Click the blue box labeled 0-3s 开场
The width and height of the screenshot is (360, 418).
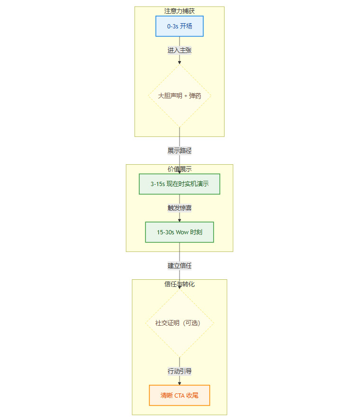pyautogui.click(x=180, y=27)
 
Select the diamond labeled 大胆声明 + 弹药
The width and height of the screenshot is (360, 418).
pyautogui.click(x=180, y=96)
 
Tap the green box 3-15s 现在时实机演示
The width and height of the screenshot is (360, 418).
pyautogui.click(x=180, y=184)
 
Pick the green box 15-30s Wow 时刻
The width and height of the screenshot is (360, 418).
pyautogui.click(x=180, y=232)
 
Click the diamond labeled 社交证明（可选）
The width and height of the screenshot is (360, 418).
pyautogui.click(x=180, y=323)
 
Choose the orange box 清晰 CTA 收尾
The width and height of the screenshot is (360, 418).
pyautogui.click(x=180, y=395)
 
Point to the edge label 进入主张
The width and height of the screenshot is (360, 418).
pyautogui.click(x=180, y=50)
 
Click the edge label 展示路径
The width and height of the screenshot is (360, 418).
pyautogui.click(x=180, y=151)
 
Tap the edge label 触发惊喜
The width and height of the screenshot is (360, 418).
pyautogui.click(x=180, y=208)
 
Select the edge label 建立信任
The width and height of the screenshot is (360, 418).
pyautogui.click(x=180, y=266)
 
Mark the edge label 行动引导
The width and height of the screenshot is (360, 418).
pyautogui.click(x=180, y=371)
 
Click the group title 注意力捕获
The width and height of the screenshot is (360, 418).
pyautogui.click(x=180, y=11)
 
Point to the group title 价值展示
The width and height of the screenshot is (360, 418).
pyautogui.click(x=180, y=169)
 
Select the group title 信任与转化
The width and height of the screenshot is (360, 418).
pyautogui.click(x=180, y=284)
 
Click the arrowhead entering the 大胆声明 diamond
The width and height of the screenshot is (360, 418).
pyautogui.click(x=180, y=62)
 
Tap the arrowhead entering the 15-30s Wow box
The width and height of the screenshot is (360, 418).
pyautogui.click(x=180, y=220)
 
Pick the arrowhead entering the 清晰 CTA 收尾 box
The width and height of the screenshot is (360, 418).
pyautogui.click(x=180, y=383)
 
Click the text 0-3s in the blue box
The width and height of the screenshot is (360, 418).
pyautogui.click(x=172, y=27)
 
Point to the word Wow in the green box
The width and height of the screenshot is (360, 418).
pyautogui.click(x=182, y=232)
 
